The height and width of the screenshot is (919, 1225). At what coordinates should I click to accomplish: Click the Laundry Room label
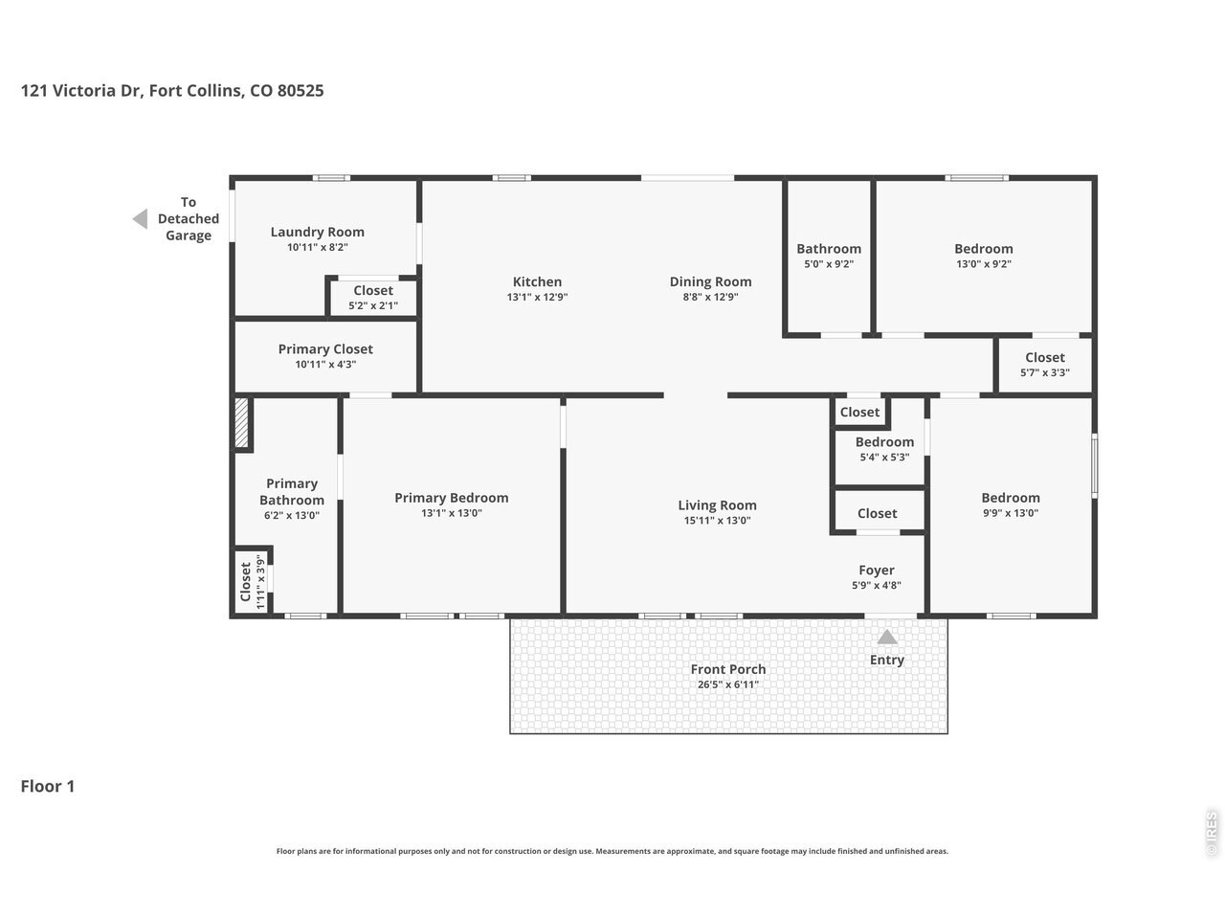(317, 232)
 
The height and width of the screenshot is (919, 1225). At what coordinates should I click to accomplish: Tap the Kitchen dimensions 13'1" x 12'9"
(537, 297)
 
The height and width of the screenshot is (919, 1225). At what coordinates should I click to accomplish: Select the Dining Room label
(710, 281)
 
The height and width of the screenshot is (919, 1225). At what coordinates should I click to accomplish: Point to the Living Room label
(717, 505)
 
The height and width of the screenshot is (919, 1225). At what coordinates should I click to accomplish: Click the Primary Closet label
(325, 349)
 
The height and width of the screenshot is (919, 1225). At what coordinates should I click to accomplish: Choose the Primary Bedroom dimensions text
(451, 513)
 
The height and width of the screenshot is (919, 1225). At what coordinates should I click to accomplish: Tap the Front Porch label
(727, 669)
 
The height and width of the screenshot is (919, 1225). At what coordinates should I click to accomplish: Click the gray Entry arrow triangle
(887, 638)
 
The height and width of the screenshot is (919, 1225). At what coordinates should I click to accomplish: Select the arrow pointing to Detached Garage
(141, 218)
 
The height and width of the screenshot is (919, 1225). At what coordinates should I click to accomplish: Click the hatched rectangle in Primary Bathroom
(241, 422)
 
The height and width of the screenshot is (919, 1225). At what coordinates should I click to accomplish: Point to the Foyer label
(877, 571)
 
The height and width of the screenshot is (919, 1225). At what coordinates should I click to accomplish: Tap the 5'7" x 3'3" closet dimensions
(1045, 372)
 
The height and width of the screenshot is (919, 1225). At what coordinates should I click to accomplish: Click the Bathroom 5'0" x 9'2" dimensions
(828, 264)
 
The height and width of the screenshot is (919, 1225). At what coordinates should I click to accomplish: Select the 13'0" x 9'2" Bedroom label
(983, 249)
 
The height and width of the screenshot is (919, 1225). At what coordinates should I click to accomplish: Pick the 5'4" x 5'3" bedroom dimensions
(884, 457)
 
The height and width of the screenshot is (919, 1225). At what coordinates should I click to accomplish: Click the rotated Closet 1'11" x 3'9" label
(252, 581)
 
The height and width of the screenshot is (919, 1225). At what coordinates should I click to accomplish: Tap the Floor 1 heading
(48, 786)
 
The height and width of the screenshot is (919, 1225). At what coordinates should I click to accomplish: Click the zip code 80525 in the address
(301, 90)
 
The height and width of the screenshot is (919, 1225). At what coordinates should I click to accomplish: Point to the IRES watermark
(1211, 834)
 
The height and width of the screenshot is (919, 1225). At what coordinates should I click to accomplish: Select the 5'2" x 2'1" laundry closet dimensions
(373, 305)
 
